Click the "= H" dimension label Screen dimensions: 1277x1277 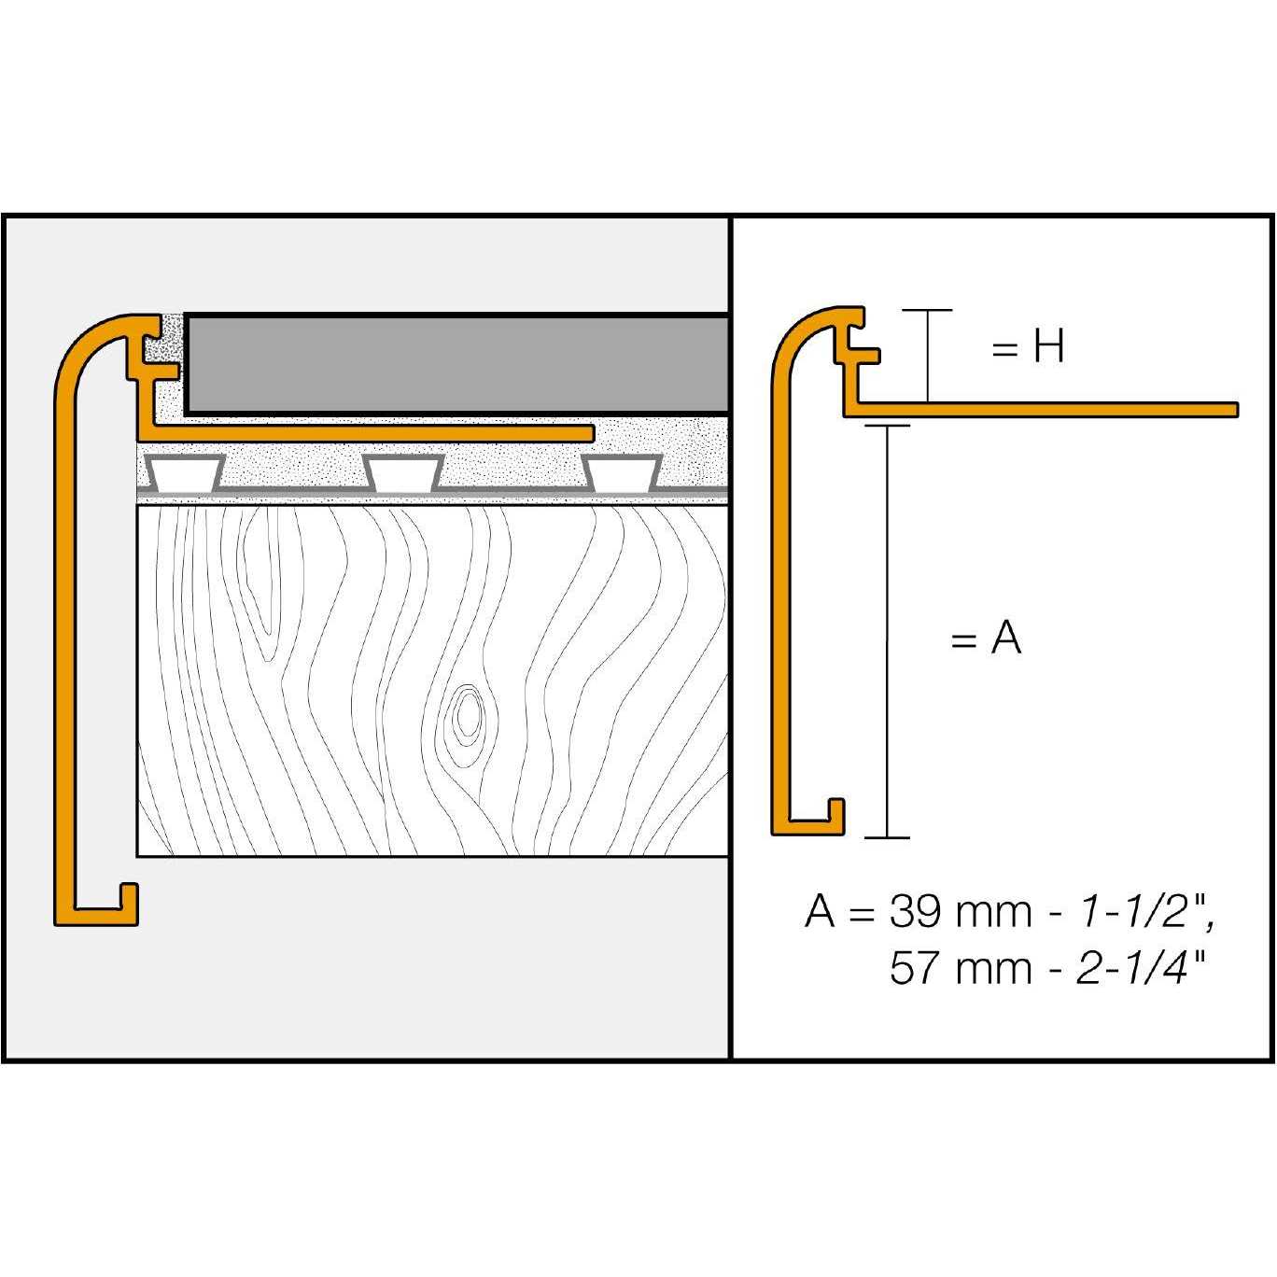click(x=1027, y=348)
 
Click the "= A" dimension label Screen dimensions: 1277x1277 click(x=986, y=639)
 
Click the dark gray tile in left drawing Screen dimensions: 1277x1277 click(x=457, y=364)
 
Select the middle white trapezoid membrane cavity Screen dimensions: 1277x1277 click(x=403, y=474)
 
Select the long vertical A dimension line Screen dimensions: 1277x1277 click(x=886, y=630)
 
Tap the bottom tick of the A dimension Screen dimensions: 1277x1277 click(x=886, y=837)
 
